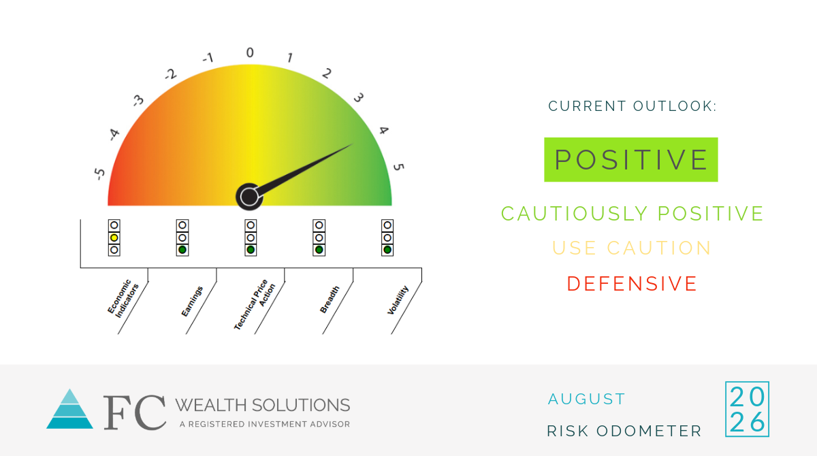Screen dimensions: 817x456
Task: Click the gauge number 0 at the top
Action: click(x=250, y=52)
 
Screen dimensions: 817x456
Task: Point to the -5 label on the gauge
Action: click(x=99, y=174)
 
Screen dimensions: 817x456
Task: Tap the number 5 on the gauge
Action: click(x=399, y=167)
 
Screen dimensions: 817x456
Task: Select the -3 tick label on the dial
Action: click(x=138, y=100)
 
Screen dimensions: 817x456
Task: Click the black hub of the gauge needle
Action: click(x=249, y=197)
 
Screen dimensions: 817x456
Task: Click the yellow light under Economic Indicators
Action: click(x=114, y=238)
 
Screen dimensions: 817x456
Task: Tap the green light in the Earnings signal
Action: click(x=182, y=250)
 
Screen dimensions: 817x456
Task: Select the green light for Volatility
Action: click(x=387, y=250)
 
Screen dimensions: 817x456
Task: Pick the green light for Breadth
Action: click(x=319, y=250)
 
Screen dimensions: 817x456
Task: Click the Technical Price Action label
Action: click(x=254, y=305)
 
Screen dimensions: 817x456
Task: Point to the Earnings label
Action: click(x=192, y=302)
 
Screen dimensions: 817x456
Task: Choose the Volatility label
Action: click(x=398, y=300)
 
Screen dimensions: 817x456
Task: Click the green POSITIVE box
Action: click(x=631, y=160)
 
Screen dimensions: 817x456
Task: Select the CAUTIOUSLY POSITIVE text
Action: click(x=632, y=214)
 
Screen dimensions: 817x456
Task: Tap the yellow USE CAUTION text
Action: click(x=632, y=248)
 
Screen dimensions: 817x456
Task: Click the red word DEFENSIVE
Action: click(x=632, y=284)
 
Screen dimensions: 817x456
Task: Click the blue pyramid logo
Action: click(x=69, y=409)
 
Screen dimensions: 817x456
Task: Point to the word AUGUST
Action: click(x=586, y=399)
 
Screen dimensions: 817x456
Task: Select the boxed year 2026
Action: click(x=748, y=409)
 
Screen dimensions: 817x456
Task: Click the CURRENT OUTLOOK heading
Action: click(x=632, y=106)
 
